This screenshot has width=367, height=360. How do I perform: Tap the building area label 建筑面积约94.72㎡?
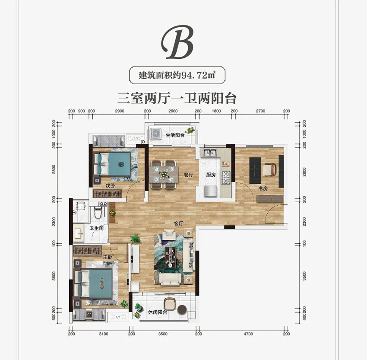click(x=177, y=75)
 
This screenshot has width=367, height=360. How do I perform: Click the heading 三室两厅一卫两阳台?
click(x=177, y=99)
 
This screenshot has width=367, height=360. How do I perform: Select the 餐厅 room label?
click(x=188, y=175)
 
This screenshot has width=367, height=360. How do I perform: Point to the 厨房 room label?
click(x=211, y=175)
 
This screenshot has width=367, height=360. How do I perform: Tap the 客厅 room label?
click(x=179, y=223)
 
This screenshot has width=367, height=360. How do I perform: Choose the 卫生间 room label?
click(x=96, y=229)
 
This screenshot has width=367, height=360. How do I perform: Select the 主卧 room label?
click(x=108, y=257)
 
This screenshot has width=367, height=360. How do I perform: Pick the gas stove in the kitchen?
click(x=226, y=176)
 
